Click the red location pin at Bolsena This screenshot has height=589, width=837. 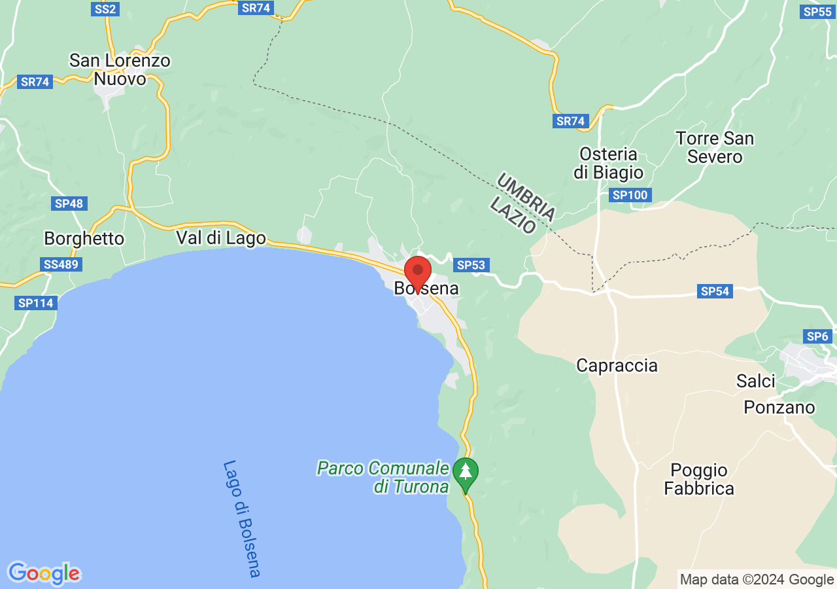click(x=418, y=272)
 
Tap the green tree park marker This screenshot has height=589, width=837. click(x=465, y=472)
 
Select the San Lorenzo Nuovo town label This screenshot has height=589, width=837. click(x=120, y=70)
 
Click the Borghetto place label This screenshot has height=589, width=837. click(x=84, y=238)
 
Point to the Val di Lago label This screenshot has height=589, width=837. click(x=221, y=238)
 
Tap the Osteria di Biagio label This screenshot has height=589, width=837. click(x=608, y=164)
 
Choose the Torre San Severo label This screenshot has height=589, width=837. click(x=715, y=148)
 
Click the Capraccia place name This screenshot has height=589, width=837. click(x=617, y=365)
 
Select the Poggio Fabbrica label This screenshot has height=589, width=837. click(x=699, y=480)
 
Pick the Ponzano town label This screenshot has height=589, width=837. click(x=779, y=408)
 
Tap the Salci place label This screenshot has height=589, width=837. click(x=755, y=381)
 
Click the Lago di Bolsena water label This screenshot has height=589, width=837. click(x=241, y=518)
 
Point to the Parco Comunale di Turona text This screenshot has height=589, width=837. click(x=383, y=477)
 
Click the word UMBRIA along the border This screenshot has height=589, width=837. click(x=526, y=197)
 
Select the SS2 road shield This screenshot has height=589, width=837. click(x=105, y=9)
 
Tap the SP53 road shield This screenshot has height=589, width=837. click(x=471, y=265)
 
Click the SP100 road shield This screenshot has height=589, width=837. click(x=630, y=195)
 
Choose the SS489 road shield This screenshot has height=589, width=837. click(x=61, y=265)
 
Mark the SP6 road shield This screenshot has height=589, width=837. click(x=817, y=336)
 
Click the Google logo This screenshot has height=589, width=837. click(x=44, y=573)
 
